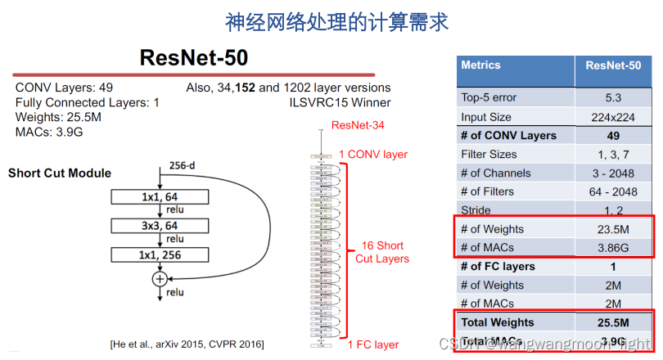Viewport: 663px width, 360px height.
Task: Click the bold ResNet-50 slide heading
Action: (193, 57)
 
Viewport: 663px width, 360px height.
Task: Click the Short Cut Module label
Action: (60, 173)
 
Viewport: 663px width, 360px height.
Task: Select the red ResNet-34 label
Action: (358, 125)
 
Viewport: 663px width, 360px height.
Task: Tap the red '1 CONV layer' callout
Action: (373, 154)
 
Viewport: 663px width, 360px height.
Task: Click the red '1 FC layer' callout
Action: (372, 344)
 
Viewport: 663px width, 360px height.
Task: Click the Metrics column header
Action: (481, 65)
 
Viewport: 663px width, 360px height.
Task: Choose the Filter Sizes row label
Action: (489, 154)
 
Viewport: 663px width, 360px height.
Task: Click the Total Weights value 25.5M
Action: (613, 322)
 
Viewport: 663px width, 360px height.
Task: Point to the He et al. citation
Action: (187, 344)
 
